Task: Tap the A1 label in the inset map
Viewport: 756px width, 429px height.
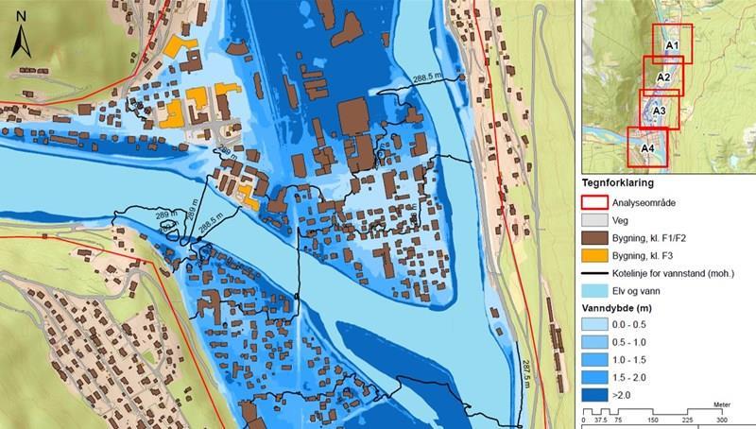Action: [673, 44]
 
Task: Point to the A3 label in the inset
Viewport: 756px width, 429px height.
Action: [659, 112]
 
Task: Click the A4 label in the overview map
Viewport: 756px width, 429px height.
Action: [648, 148]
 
